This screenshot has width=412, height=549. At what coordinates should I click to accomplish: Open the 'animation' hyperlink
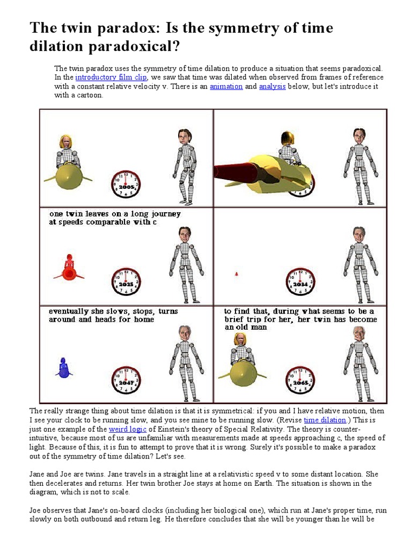click(226, 86)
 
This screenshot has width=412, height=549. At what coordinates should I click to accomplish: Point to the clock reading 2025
click(126, 281)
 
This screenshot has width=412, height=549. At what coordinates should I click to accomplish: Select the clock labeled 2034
click(300, 281)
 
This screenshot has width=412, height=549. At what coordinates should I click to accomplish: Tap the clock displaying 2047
click(126, 380)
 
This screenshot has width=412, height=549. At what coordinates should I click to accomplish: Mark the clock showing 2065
click(300, 380)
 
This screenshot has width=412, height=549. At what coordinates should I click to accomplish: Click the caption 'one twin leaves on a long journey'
click(115, 213)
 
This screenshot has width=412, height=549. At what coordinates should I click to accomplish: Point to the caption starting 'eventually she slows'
click(113, 311)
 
